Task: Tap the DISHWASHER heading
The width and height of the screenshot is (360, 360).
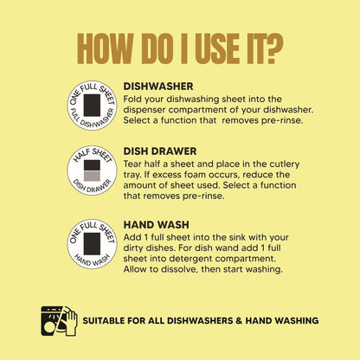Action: (158, 87)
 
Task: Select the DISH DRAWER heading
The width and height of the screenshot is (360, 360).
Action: (160, 151)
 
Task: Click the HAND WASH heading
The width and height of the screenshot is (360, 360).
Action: (156, 225)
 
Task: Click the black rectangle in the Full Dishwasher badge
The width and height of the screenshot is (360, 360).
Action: (92, 106)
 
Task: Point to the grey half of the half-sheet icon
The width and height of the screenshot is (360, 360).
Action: (92, 176)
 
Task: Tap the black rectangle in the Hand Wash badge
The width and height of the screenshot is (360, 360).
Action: (92, 244)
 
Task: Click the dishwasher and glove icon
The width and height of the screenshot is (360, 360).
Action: (60, 321)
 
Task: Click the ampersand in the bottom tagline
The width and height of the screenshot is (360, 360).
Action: (239, 321)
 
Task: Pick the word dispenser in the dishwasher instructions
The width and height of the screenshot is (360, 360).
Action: (145, 110)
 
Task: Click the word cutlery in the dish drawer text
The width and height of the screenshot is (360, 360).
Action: (285, 164)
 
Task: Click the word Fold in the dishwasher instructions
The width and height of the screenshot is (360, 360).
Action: (132, 99)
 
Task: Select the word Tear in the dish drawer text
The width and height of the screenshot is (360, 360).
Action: (132, 164)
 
